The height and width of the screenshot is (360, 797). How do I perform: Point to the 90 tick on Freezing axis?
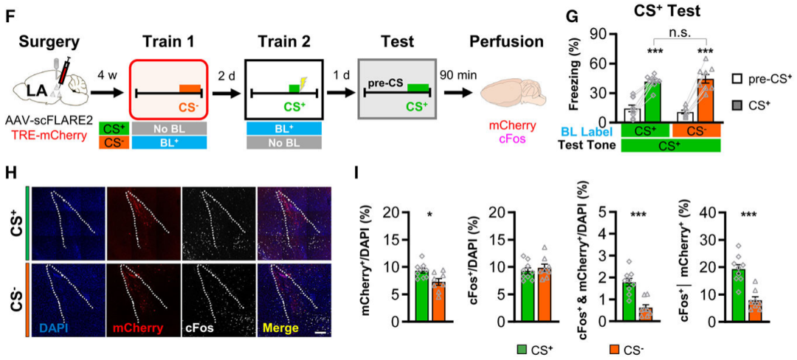(609, 34)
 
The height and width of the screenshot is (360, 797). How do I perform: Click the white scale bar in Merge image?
(320, 333)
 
